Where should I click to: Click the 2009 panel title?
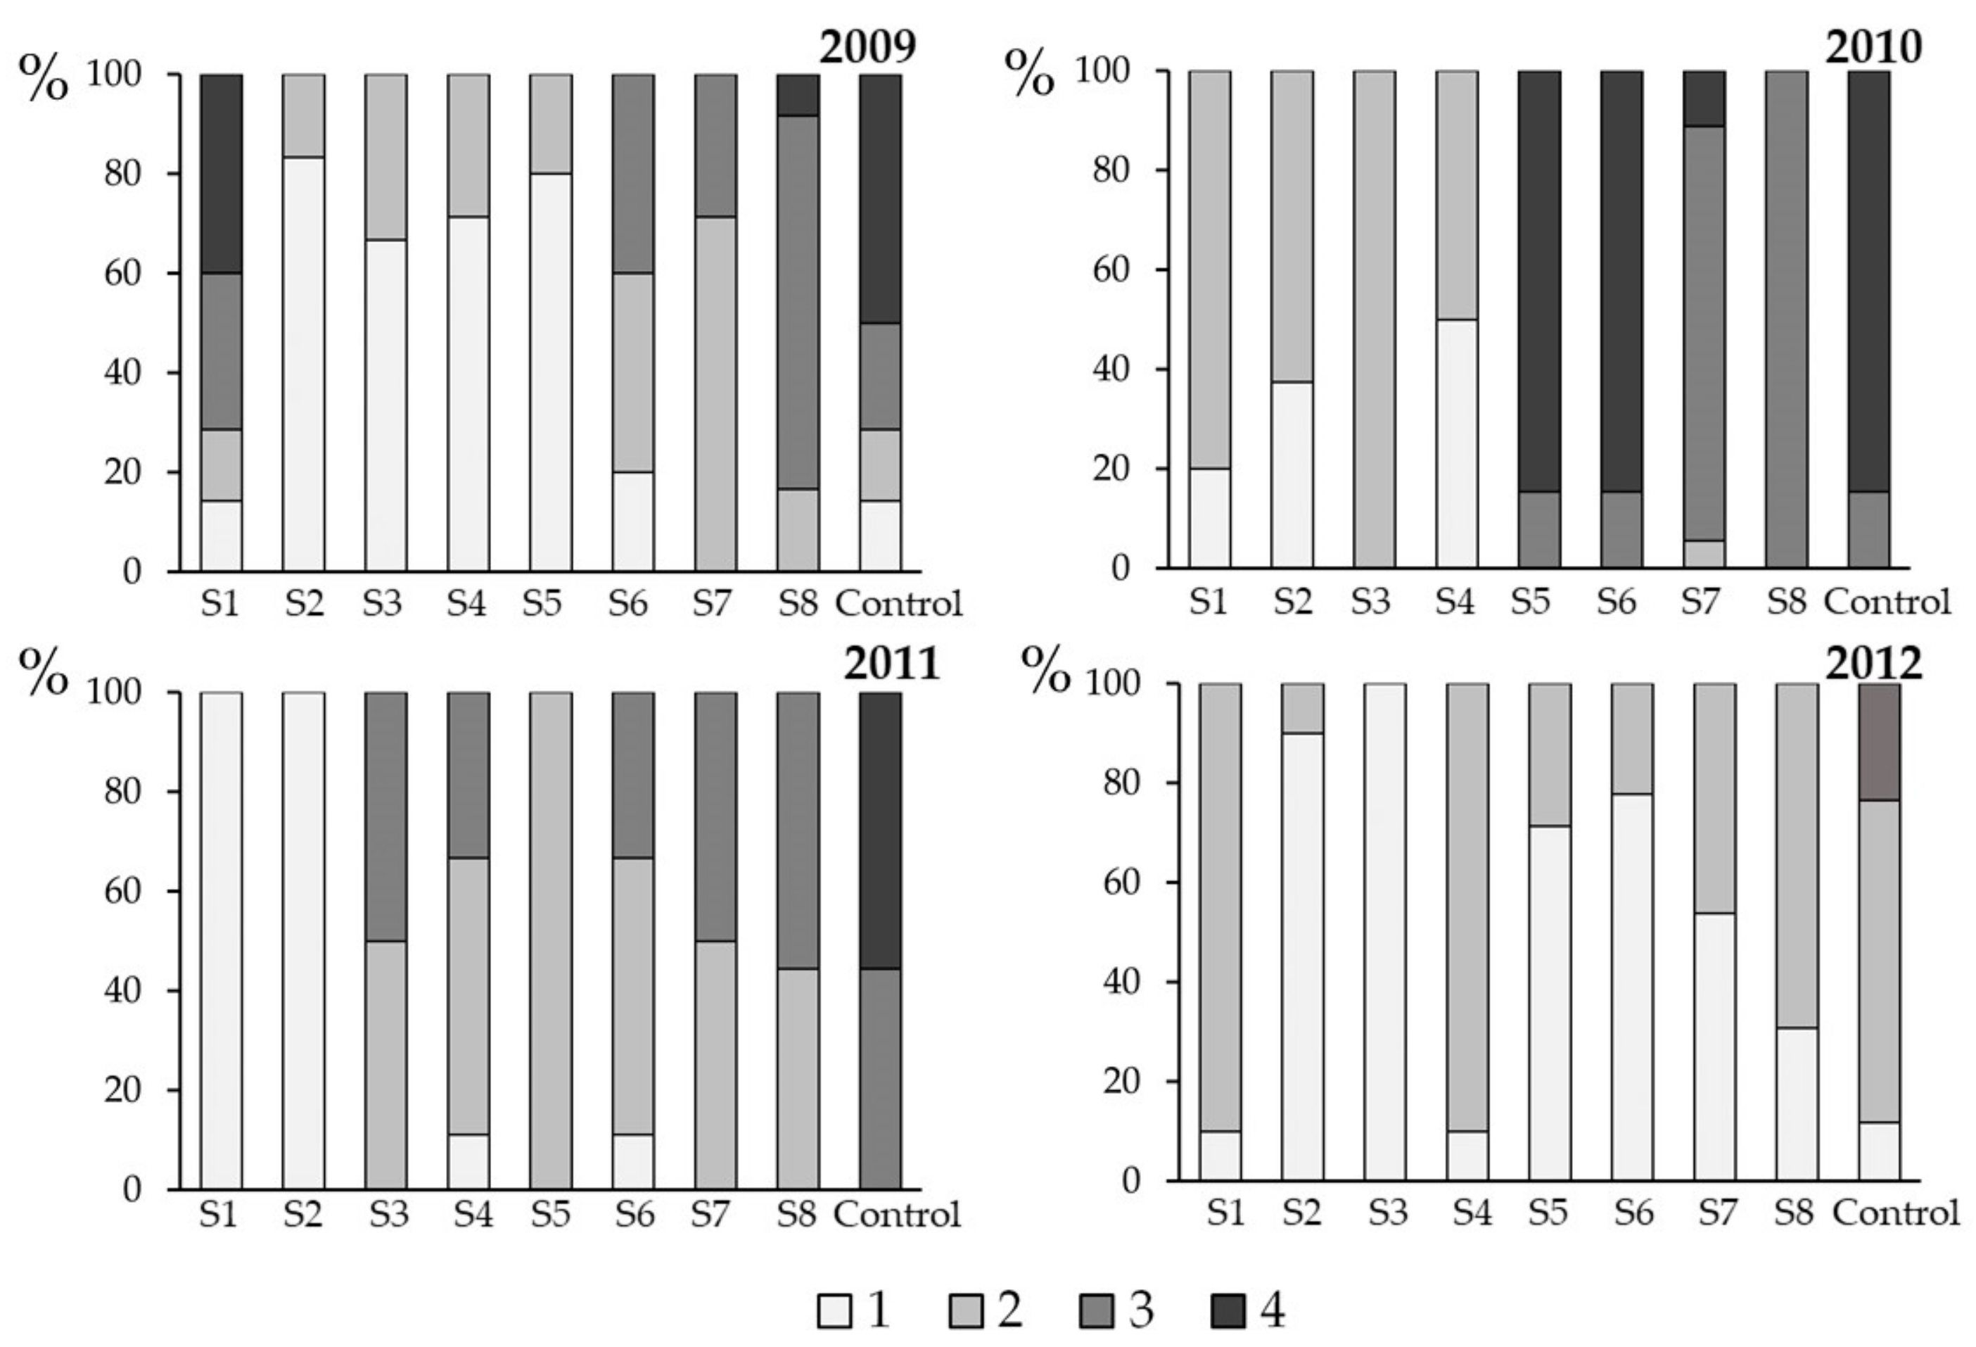pos(867,49)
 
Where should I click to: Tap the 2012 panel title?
pos(1873,666)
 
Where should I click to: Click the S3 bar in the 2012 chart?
pos(1385,931)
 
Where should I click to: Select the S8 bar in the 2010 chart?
pos(1786,319)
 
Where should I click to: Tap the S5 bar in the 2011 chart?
pos(551,940)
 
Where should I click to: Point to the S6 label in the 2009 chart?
pos(627,604)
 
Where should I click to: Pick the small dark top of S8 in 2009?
pos(798,95)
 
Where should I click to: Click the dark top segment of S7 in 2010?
pos(1704,99)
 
